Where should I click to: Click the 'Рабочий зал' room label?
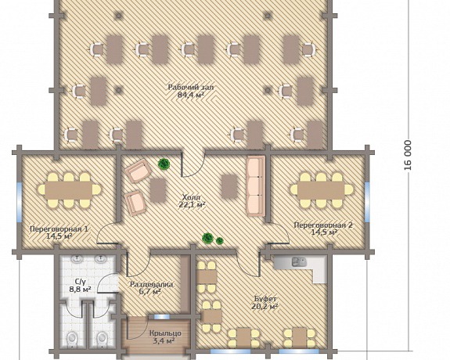[x=190, y=88]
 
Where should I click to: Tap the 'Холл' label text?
[x=191, y=197]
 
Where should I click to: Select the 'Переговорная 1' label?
[x=59, y=229]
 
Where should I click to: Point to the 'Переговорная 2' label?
[x=323, y=225]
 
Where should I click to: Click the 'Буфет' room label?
[x=265, y=299]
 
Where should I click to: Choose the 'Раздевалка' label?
[x=152, y=285]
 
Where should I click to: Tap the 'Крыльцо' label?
[x=165, y=333]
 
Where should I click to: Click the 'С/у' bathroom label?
[x=80, y=281]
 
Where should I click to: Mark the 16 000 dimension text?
[x=408, y=155]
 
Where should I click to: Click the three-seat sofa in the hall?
[x=256, y=185]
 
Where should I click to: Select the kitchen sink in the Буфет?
[x=299, y=262]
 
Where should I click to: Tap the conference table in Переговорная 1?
[x=69, y=189]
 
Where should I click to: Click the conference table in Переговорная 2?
[x=321, y=189]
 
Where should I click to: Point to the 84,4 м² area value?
[x=191, y=95]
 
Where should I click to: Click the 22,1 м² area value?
[x=192, y=205]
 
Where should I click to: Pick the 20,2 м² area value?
[x=265, y=307]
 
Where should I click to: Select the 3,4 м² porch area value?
[x=164, y=341]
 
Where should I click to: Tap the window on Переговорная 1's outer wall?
[x=20, y=202]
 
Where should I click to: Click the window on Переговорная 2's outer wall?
[x=367, y=202]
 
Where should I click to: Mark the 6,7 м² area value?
[x=152, y=292]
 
